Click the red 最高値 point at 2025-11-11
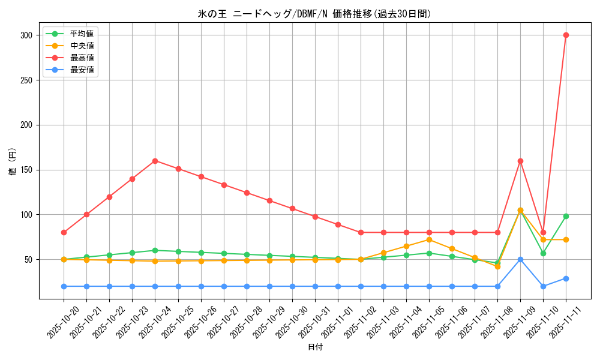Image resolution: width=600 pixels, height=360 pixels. tap(566, 35)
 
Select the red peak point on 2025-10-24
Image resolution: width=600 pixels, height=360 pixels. tap(155, 161)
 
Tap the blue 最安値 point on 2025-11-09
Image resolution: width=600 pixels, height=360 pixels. tap(520, 259)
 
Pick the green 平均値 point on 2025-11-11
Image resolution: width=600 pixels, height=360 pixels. tap(566, 216)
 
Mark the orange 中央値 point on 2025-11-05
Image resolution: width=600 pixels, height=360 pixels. tap(429, 239)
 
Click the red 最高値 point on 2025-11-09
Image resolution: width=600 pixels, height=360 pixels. tap(520, 161)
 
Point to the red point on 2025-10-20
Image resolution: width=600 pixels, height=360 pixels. tap(64, 232)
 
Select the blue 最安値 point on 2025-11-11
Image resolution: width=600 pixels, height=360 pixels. tap(566, 278)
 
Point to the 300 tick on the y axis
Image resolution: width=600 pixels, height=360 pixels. tap(26, 35)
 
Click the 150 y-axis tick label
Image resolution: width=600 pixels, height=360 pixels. tap(26, 170)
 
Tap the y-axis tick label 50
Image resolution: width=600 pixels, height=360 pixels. tap(28, 259)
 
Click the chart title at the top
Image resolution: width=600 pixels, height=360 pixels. tap(314, 14)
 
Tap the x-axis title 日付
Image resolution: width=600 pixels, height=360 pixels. tap(314, 347)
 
